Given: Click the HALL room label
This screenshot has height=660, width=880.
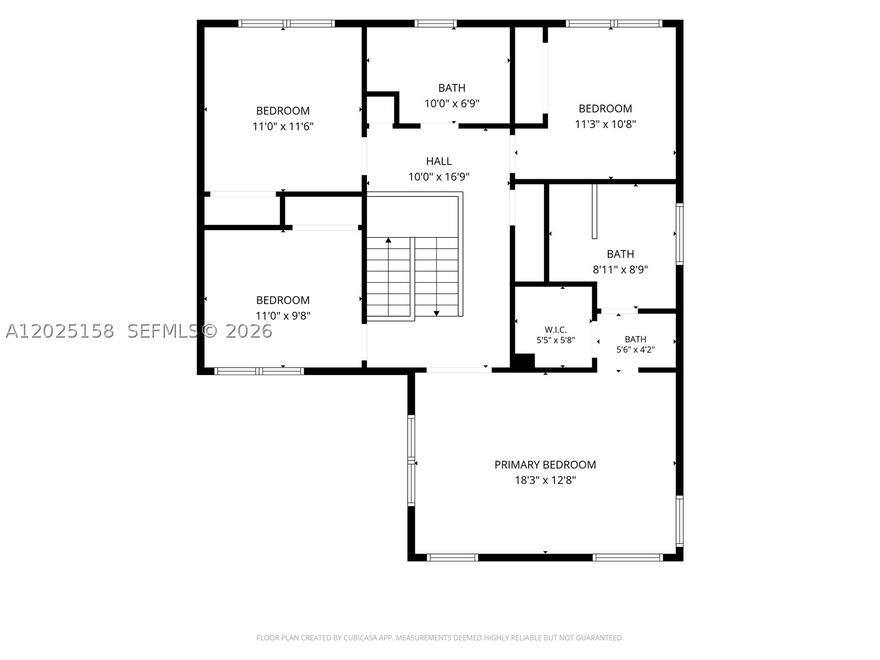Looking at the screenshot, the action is click(438, 161).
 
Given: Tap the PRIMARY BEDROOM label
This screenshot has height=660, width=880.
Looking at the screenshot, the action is click(545, 465).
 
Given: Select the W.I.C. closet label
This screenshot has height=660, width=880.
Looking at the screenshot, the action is click(555, 330).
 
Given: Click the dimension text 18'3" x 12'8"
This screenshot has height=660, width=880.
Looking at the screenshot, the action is click(545, 480).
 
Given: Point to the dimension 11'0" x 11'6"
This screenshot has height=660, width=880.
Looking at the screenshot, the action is click(283, 127).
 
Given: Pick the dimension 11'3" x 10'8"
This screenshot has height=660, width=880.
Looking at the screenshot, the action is click(606, 124).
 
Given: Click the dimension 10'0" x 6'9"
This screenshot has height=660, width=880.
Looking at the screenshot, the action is click(452, 103).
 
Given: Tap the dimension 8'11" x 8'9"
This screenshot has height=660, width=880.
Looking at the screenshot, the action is click(620, 269).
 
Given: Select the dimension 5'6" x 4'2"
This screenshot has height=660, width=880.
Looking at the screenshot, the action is click(635, 349).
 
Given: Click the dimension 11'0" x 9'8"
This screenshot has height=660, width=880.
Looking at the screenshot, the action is click(283, 316).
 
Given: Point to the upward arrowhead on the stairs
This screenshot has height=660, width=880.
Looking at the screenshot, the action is click(388, 240).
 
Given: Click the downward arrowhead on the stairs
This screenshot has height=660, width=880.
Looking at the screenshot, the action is click(437, 313).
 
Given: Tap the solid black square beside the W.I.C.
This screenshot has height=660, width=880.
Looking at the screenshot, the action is click(524, 361).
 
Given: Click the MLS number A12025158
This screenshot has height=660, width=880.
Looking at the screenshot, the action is click(60, 331).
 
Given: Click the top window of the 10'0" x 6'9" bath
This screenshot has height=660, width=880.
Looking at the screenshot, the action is click(436, 24).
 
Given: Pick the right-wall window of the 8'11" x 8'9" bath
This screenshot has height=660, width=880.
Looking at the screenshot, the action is click(680, 234).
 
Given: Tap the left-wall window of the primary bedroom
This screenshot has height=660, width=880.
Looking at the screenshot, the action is click(411, 460).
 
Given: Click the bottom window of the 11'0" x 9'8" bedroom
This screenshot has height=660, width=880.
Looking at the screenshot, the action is click(259, 371).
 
